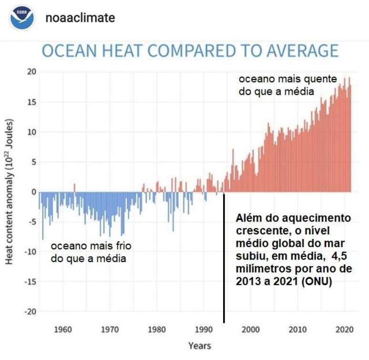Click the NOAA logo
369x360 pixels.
click(x=22, y=19)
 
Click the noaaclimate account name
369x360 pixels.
click(x=80, y=18)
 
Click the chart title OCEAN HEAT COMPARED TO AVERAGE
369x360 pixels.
click(x=190, y=51)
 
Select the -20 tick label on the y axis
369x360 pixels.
click(x=30, y=311)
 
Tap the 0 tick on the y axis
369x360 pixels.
click(x=33, y=192)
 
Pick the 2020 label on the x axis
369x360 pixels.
click(x=344, y=329)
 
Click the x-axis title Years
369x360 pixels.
click(x=199, y=346)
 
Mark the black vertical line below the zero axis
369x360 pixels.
click(x=224, y=257)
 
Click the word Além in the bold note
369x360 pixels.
click(x=249, y=219)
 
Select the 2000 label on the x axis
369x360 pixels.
click(x=250, y=329)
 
